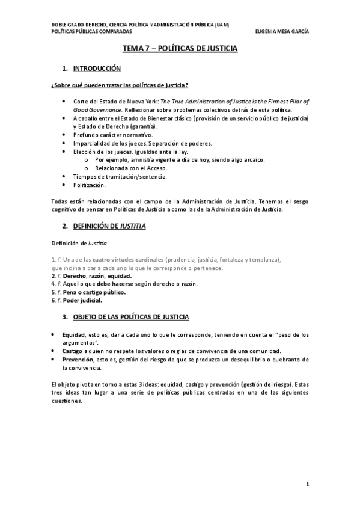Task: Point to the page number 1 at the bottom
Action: coord(307,484)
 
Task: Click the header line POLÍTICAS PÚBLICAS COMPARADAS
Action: coord(88,32)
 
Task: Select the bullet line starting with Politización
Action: coord(89,185)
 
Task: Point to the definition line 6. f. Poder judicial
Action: coord(76,300)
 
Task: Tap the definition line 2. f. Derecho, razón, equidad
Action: coord(91,275)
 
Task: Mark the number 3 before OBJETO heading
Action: coord(65,316)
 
